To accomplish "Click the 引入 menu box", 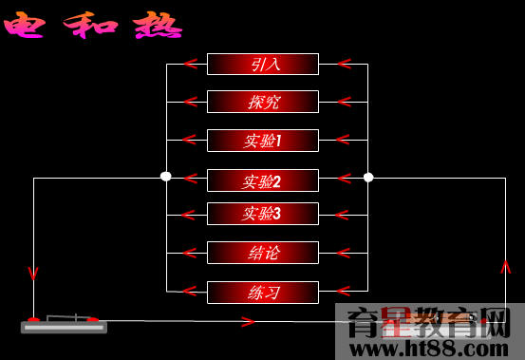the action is (262, 65).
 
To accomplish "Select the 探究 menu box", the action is (262, 102).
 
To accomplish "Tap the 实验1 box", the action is (262, 141).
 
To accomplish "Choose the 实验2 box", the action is (262, 180).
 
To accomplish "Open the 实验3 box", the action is (262, 214).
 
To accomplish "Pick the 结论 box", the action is (262, 253).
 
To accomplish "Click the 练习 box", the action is (262, 292).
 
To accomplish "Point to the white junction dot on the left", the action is (166, 177).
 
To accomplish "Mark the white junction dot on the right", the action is (368, 177).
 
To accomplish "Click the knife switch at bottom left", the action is (64, 323).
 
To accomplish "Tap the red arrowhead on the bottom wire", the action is (249, 322).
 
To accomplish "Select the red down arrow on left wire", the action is (33, 274).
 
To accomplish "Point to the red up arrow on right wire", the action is (505, 267).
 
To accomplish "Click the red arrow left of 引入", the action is (190, 65).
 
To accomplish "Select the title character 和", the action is (92, 26).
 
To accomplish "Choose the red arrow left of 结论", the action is (190, 253).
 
